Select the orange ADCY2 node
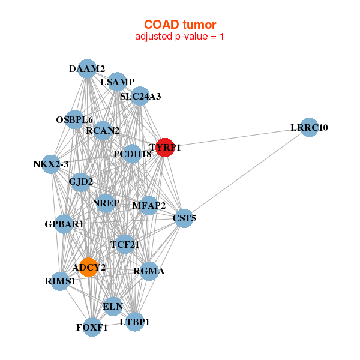click(x=88, y=268)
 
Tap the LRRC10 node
click(x=308, y=127)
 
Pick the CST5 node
click(x=183, y=218)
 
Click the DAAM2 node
click(x=87, y=69)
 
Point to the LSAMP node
click(x=117, y=82)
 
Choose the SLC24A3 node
click(x=140, y=96)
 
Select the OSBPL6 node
click(x=74, y=119)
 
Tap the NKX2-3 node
click(x=51, y=164)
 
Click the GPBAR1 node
click(x=64, y=224)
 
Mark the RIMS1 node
click(x=60, y=281)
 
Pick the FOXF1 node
click(x=92, y=327)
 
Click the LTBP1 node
click(x=134, y=322)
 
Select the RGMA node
click(x=149, y=271)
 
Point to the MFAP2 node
click(x=149, y=206)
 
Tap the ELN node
click(x=113, y=307)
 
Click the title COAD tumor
click(x=180, y=25)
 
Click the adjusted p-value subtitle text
click(x=180, y=37)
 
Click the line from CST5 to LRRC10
click(x=246, y=173)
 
